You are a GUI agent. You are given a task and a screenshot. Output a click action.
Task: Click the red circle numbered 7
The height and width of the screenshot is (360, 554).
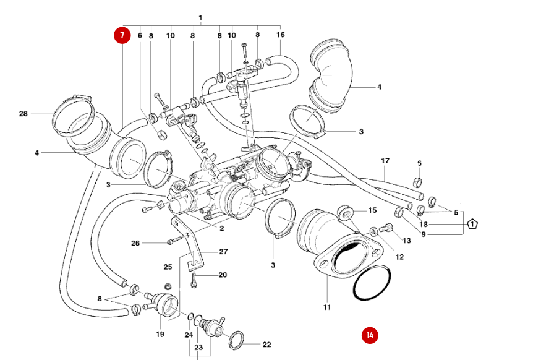click(x=122, y=35)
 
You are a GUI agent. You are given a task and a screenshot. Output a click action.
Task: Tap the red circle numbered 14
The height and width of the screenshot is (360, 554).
click(x=370, y=335)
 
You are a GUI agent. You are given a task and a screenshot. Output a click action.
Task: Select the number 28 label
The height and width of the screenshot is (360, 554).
click(x=23, y=114)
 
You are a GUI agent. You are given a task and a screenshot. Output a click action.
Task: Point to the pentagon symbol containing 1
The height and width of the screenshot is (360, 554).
click(x=473, y=224)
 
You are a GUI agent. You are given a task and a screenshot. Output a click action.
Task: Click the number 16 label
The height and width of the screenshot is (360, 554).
click(x=280, y=35)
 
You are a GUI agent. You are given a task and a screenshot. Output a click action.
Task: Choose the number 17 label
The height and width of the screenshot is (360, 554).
click(x=385, y=161)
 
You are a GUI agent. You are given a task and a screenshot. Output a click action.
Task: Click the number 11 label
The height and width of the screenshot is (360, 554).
click(x=327, y=307)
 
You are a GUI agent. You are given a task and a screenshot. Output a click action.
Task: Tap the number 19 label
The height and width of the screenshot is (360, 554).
click(x=160, y=335)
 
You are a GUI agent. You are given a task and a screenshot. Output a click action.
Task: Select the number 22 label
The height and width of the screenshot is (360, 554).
click(x=266, y=345)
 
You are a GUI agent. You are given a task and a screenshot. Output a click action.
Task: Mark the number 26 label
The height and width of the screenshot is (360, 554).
click(x=135, y=243)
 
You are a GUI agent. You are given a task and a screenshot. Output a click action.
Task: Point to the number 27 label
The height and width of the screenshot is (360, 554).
click(x=223, y=252)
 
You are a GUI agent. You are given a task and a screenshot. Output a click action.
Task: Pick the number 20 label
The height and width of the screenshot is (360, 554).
click(x=223, y=275)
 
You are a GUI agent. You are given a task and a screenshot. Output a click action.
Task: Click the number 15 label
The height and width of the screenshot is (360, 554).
click(x=372, y=211)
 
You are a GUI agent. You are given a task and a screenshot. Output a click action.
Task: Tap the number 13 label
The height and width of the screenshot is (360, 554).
click(x=406, y=240)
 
